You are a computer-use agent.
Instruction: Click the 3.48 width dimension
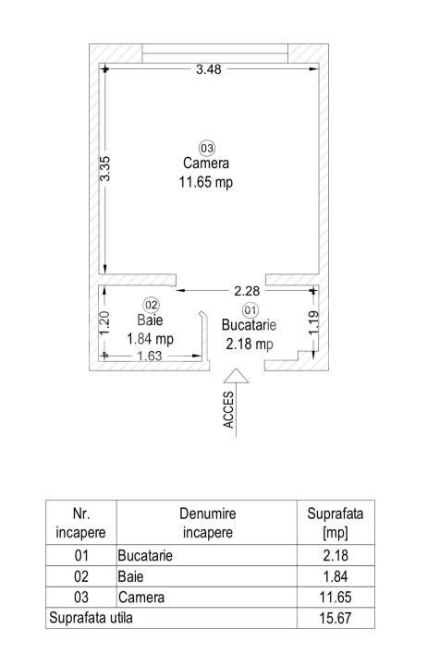click(208, 69)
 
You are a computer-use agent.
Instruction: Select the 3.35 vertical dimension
click(104, 169)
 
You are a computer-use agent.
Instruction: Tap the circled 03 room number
click(207, 148)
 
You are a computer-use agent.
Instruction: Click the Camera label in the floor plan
click(206, 163)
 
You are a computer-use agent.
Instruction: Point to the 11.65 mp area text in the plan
click(206, 182)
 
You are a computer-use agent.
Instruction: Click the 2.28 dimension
click(247, 291)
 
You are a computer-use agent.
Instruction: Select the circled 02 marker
click(151, 305)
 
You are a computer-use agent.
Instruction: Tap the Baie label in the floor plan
click(150, 320)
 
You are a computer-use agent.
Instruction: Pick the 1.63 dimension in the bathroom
click(150, 356)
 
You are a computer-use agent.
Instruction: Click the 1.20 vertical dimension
click(104, 323)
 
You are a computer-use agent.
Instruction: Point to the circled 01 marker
click(250, 310)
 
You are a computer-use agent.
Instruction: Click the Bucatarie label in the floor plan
click(249, 325)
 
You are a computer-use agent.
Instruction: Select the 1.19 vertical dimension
click(313, 322)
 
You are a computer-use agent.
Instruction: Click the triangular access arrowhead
click(236, 376)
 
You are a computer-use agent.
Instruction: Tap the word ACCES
click(228, 410)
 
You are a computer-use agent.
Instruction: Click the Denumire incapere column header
click(208, 523)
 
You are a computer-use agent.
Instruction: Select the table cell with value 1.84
click(335, 576)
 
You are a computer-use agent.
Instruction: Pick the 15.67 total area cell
click(335, 618)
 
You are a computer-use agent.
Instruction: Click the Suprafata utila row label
click(91, 618)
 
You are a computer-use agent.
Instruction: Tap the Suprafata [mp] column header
click(335, 523)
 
